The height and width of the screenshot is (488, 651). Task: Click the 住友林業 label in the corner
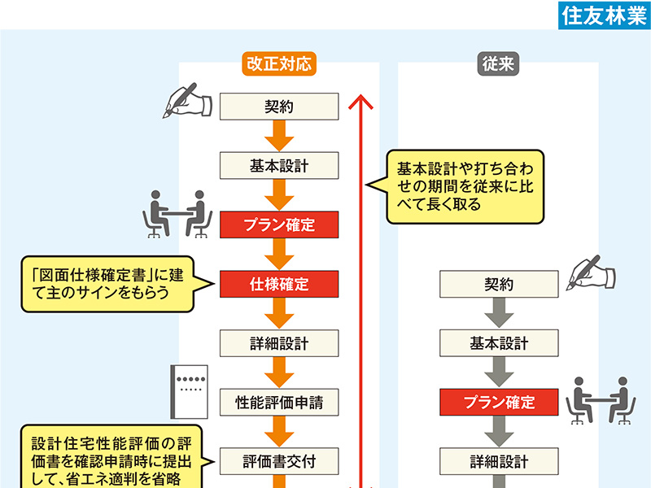click(603, 15)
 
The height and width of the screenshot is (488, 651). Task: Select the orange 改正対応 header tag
click(278, 64)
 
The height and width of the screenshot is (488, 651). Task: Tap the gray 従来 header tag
click(498, 64)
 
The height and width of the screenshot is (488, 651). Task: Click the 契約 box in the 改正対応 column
click(279, 107)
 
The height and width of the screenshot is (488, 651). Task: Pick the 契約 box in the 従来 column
click(499, 285)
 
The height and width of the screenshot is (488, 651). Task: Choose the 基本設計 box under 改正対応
click(279, 166)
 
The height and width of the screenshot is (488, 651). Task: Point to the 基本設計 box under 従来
click(499, 343)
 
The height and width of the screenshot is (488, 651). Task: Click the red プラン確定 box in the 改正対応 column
click(279, 224)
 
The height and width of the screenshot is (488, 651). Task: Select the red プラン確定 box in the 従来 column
click(499, 402)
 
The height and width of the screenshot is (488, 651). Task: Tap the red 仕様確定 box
click(279, 284)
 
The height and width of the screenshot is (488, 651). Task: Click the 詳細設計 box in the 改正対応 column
click(279, 342)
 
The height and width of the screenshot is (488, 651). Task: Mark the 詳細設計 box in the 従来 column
click(499, 461)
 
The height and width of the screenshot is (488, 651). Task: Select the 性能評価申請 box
click(279, 402)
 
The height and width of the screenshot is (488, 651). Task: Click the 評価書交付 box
click(279, 461)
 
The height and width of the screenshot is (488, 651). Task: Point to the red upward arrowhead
click(360, 102)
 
